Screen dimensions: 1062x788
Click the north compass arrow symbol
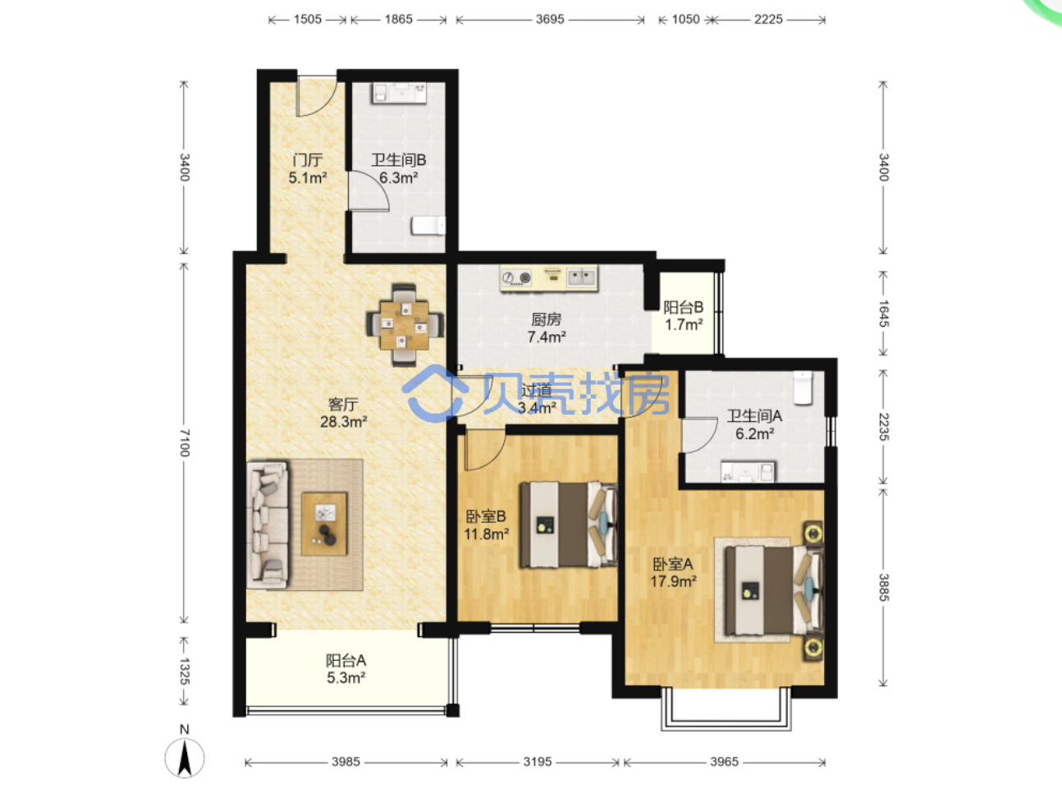click(x=185, y=758)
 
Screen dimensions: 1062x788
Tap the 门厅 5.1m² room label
click(x=308, y=168)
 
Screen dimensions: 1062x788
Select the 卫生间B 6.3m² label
click(x=398, y=168)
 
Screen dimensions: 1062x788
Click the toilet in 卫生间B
click(x=428, y=226)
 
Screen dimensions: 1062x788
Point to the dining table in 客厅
click(x=405, y=325)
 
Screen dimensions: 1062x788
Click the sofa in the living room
click(x=268, y=525)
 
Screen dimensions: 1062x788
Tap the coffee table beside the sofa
click(x=324, y=524)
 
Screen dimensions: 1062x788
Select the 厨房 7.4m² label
click(x=547, y=328)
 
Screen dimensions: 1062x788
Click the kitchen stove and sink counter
click(x=549, y=277)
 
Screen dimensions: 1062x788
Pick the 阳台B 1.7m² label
click(x=684, y=316)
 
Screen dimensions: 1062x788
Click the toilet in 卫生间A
click(x=803, y=387)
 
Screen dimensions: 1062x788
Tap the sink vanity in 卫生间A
click(x=748, y=471)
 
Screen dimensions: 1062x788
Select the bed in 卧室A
click(x=774, y=590)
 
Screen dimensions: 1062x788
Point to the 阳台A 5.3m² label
click(x=346, y=669)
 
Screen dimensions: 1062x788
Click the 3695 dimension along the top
click(x=550, y=20)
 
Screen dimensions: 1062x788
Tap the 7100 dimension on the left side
click(x=185, y=443)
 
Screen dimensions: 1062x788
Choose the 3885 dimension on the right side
click(x=883, y=588)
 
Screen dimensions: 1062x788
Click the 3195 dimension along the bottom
click(x=538, y=761)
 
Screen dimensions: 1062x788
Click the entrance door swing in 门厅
click(x=317, y=96)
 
